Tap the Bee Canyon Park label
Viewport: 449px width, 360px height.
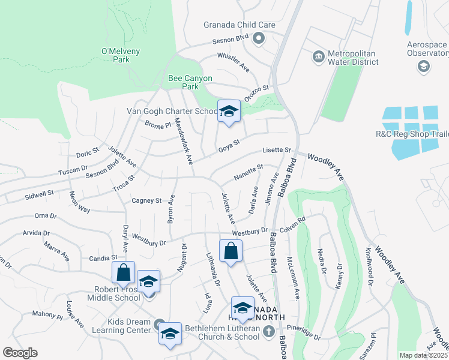182,82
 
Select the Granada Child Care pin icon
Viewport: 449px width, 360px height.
259,39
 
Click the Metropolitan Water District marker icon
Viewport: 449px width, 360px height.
318,57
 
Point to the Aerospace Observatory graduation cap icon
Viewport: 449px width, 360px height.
423,66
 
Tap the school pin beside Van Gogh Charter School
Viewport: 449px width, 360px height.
228,111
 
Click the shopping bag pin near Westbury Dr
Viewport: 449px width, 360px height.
231,251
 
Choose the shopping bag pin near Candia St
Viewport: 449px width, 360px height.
123,272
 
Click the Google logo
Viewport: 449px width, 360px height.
20,353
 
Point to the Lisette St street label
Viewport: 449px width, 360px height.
276,150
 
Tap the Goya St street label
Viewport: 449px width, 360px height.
229,145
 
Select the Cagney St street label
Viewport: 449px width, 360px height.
146,200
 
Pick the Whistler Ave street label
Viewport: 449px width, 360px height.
233,61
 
